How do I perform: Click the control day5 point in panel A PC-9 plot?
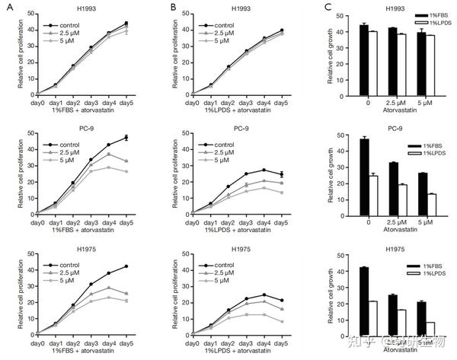click(x=126, y=137)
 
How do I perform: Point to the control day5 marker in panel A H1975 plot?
click(x=126, y=266)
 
